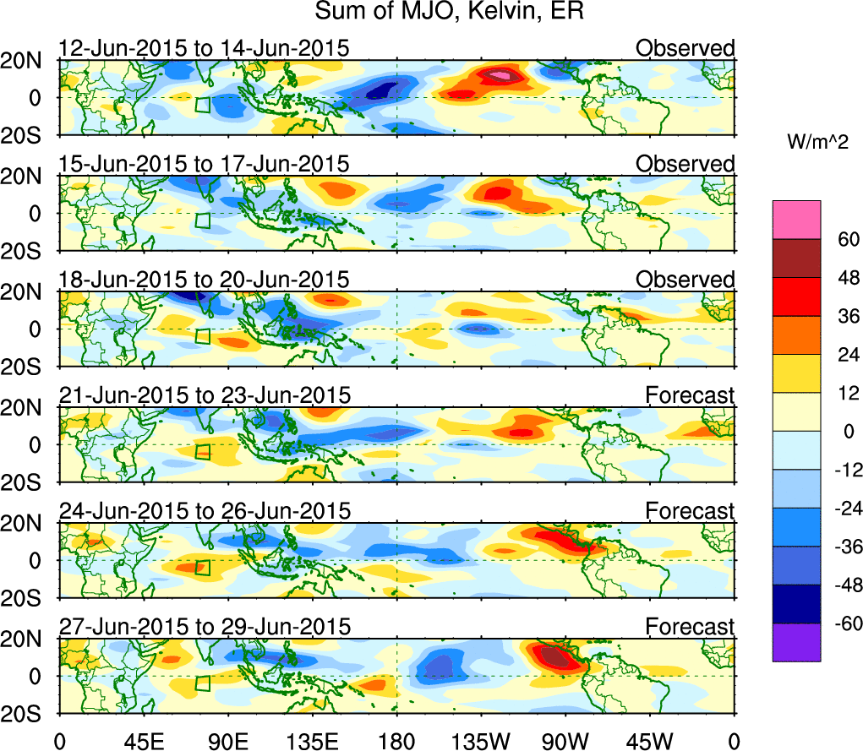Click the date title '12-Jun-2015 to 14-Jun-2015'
click(204, 48)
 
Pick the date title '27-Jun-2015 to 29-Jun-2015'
click(204, 627)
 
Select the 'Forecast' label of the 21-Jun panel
click(690, 395)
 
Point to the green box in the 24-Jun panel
click(203, 567)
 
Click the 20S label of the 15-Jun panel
click(28, 251)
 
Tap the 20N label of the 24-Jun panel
click(28, 523)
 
